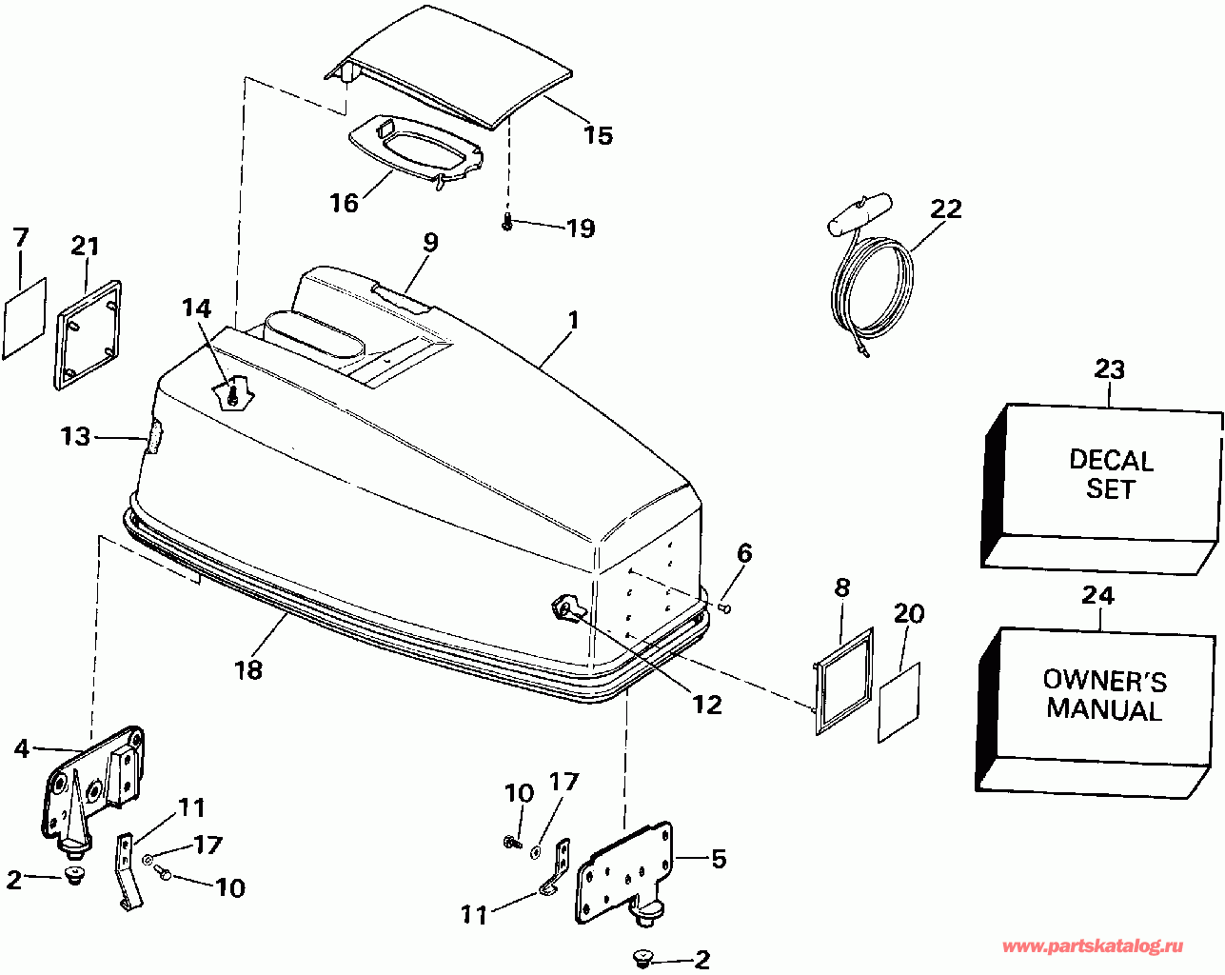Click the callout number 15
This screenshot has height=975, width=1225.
tap(598, 135)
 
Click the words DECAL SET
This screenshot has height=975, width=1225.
tap(1111, 474)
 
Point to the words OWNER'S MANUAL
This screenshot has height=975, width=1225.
tap(1104, 695)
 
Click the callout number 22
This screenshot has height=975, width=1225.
tap(946, 208)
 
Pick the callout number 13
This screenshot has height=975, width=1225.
tap(75, 437)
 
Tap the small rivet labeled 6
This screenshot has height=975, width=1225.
tap(725, 606)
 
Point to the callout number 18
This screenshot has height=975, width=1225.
tap(247, 669)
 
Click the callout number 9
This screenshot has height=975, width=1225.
tap(430, 242)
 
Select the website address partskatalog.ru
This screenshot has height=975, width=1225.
tap(1093, 946)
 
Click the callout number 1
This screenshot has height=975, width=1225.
tap(573, 321)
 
